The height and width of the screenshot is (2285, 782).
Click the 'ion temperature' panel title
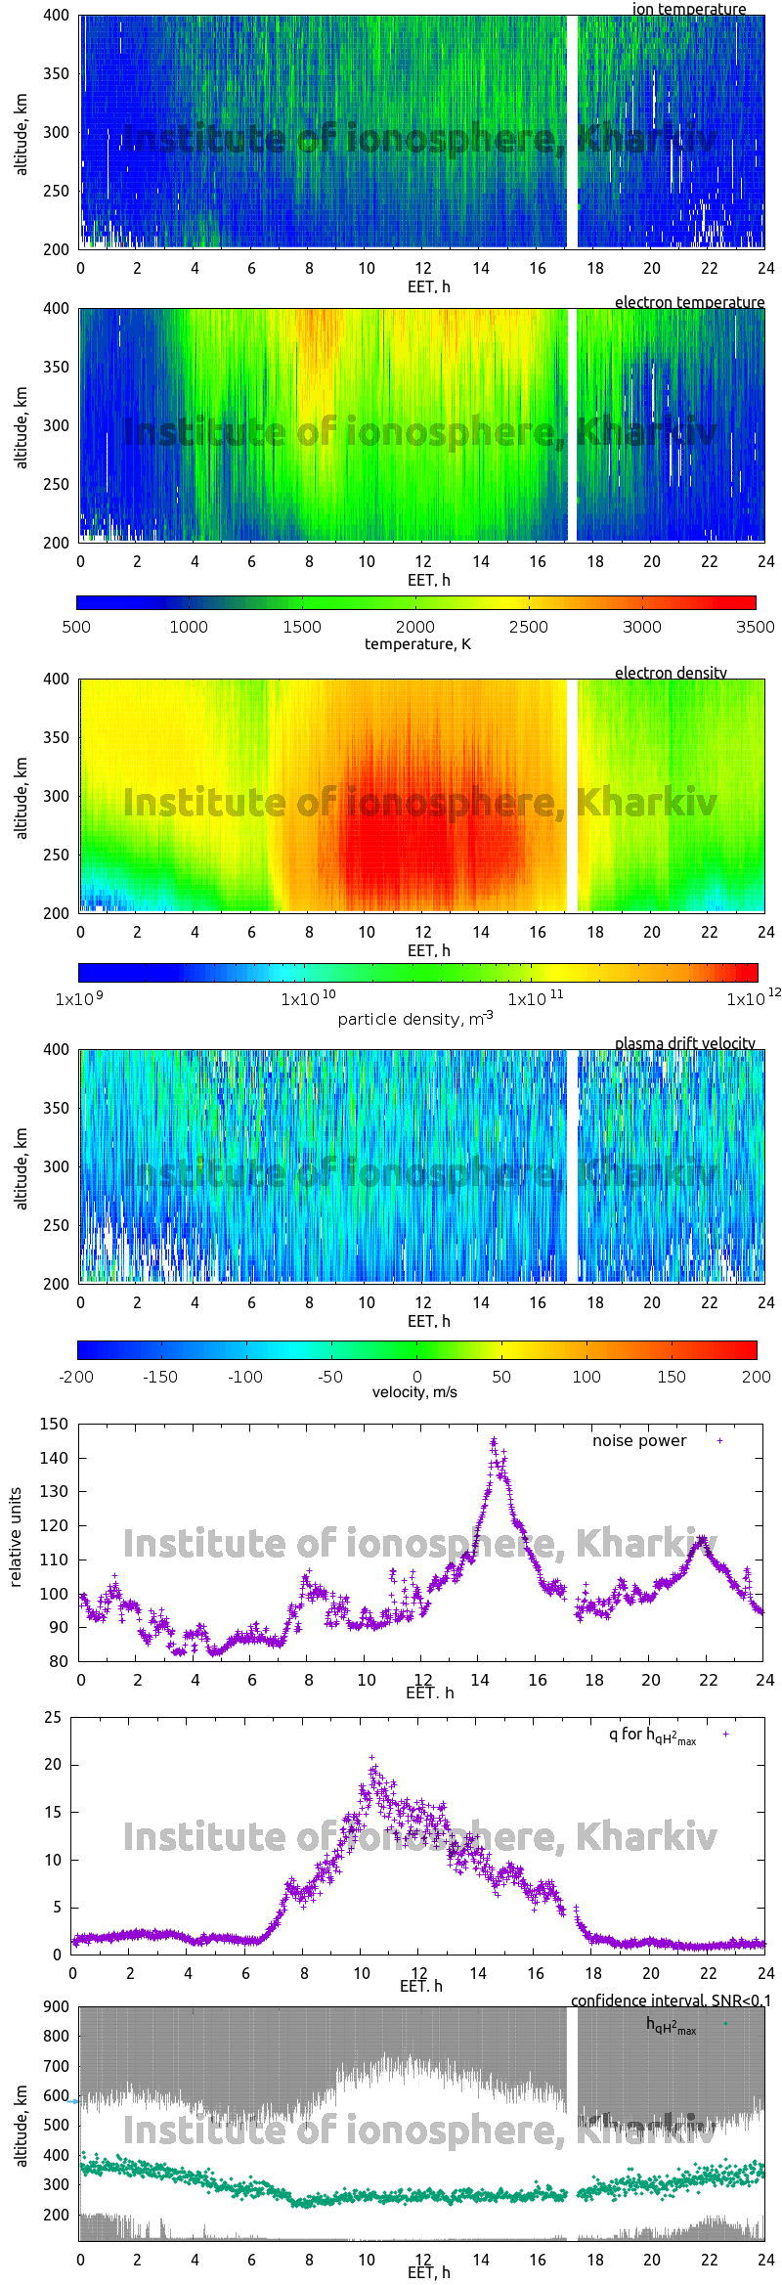pyautogui.click(x=688, y=9)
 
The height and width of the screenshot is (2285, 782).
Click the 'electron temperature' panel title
pyautogui.click(x=689, y=302)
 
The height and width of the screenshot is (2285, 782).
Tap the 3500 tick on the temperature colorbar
pyautogui.click(x=755, y=627)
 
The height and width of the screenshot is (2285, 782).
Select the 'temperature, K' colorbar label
pyautogui.click(x=417, y=643)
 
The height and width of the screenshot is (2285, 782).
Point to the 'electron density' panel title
pyautogui.click(x=671, y=673)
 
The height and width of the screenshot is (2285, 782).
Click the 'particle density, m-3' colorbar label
pyautogui.click(x=415, y=1019)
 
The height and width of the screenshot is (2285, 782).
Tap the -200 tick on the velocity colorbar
pyautogui.click(x=76, y=1377)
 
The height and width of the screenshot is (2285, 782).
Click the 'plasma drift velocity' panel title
pyautogui.click(x=684, y=1043)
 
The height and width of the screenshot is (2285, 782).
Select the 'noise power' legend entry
pyautogui.click(x=639, y=1440)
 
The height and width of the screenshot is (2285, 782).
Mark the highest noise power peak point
pyautogui.click(x=494, y=1440)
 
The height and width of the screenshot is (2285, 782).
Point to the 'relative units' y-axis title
pyautogui.click(x=16, y=1537)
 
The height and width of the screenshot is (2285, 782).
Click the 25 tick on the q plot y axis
pyautogui.click(x=52, y=1717)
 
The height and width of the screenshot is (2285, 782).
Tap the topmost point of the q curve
pyautogui.click(x=372, y=1757)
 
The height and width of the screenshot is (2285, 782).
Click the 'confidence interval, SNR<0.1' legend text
pyautogui.click(x=671, y=2000)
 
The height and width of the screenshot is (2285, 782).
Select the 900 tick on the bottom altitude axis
pyautogui.click(x=56, y=2006)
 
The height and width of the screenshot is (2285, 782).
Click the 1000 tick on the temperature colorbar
pyautogui.click(x=189, y=627)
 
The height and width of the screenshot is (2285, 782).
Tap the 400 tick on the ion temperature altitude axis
pyautogui.click(x=56, y=16)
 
